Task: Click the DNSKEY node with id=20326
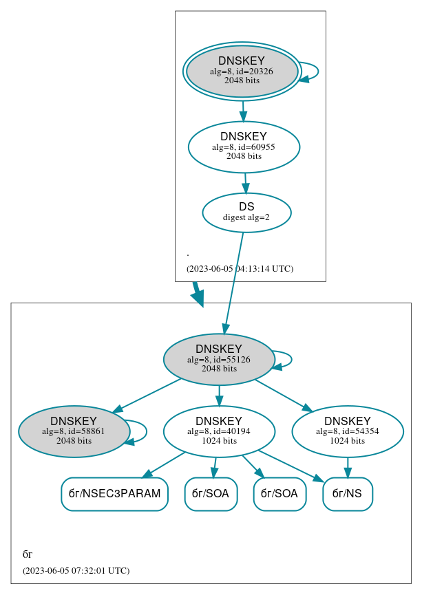pyautogui.click(x=242, y=71)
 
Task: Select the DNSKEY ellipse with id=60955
pyautogui.click(x=244, y=147)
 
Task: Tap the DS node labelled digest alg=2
pyautogui.click(x=246, y=212)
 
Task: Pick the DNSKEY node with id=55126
pyautogui.click(x=219, y=359)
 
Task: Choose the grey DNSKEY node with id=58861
pyautogui.click(x=74, y=431)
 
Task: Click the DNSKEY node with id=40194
pyautogui.click(x=219, y=431)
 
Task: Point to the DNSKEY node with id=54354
pyautogui.click(x=348, y=431)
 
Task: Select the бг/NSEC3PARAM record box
pyautogui.click(x=114, y=494)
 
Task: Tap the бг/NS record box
pyautogui.click(x=347, y=494)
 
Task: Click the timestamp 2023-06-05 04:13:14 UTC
pyautogui.click(x=240, y=269)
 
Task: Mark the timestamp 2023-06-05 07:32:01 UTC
pyautogui.click(x=76, y=571)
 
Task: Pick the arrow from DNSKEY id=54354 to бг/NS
pyautogui.click(x=348, y=468)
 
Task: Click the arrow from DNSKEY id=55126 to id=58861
pyautogui.click(x=146, y=395)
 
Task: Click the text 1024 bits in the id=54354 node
pyautogui.click(x=348, y=441)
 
